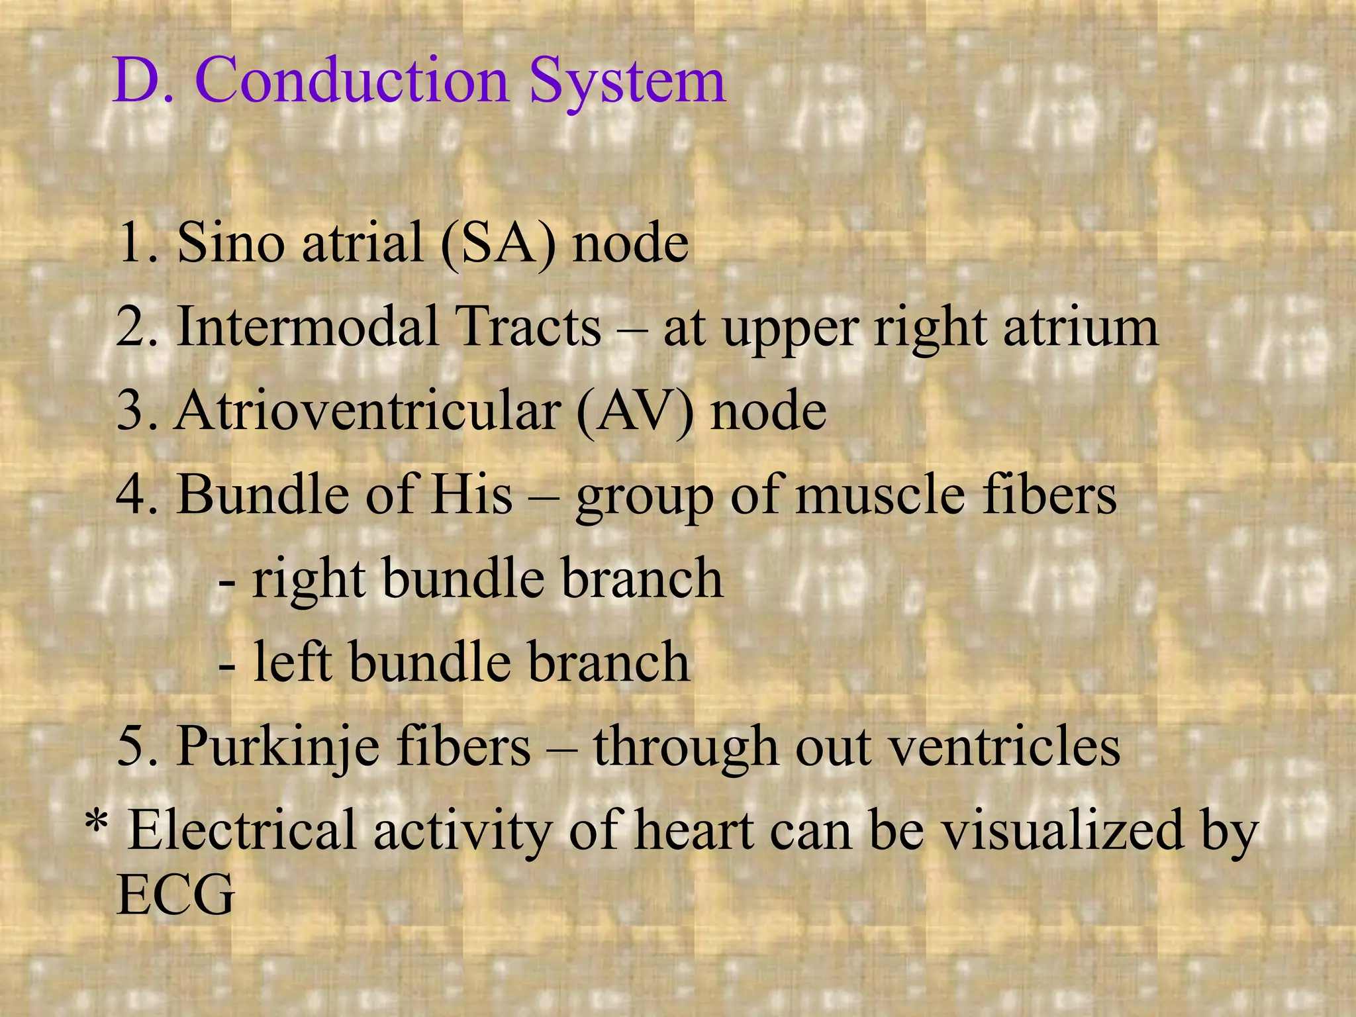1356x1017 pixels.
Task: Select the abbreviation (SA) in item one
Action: coord(497,243)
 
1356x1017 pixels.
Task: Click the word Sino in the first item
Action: coord(230,242)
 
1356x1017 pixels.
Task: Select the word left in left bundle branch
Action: coord(291,662)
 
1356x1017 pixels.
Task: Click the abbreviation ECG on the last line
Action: coord(175,895)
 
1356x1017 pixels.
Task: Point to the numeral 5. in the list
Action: coord(137,747)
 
